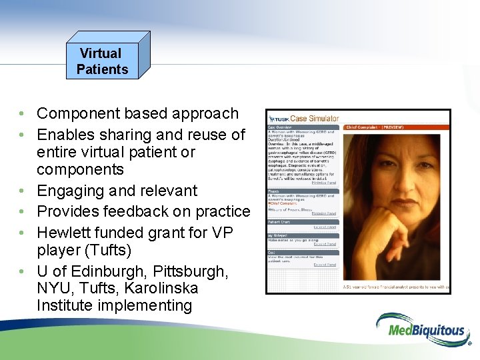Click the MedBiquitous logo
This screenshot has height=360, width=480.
(422, 329)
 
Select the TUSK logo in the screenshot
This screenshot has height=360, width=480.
(278, 119)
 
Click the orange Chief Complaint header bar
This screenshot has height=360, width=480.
(396, 127)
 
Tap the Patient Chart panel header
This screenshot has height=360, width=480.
(280, 221)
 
